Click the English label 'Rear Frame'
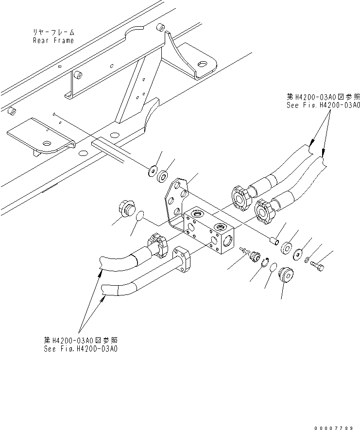pos(53,40)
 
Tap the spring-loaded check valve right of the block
pos(252,255)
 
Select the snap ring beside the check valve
pos(264,263)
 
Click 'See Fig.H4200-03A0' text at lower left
pos(81,348)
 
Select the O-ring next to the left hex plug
pos(140,215)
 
